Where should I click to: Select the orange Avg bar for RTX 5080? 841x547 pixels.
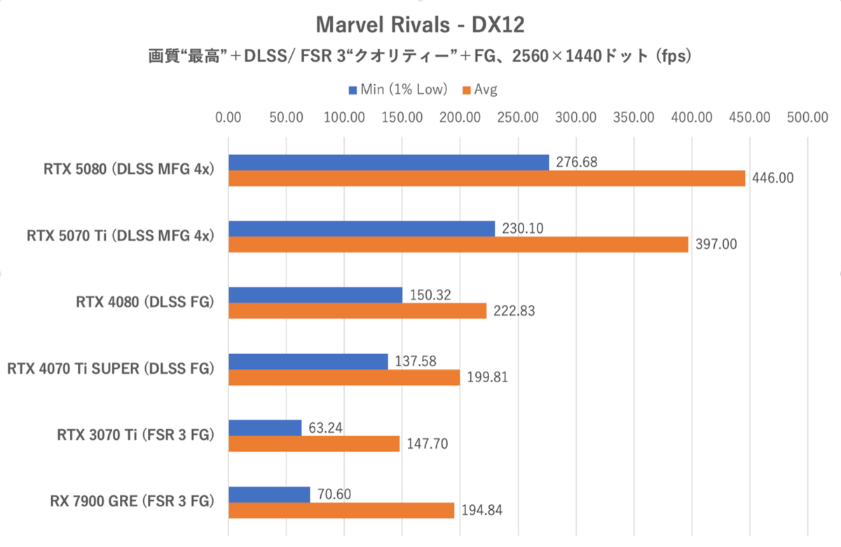(486, 179)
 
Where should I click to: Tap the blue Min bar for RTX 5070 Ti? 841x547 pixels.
(362, 229)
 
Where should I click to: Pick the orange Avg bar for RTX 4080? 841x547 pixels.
(357, 311)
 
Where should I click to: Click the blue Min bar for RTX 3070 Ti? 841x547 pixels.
(265, 428)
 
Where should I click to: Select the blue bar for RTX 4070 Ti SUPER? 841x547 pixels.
(308, 361)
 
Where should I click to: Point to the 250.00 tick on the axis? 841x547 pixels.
(517, 117)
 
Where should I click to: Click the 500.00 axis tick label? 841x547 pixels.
(807, 117)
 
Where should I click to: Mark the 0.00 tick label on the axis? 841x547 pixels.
(228, 117)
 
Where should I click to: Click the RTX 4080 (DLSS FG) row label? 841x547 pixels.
(144, 302)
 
